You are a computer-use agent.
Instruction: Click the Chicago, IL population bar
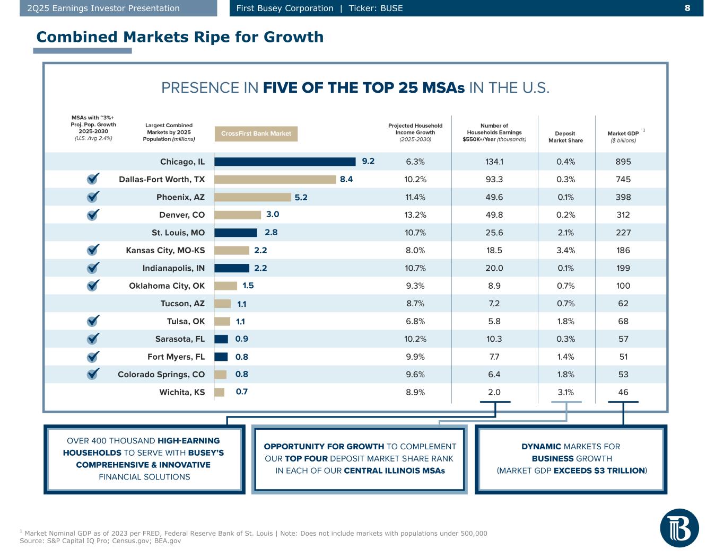point(285,162)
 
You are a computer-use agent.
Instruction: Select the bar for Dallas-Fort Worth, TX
point(275,179)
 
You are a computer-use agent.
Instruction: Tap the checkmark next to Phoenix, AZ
point(93,197)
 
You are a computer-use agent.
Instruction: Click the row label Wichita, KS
point(182,392)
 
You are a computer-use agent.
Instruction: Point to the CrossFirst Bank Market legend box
point(256,134)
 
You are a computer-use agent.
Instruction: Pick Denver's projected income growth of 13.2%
point(415,215)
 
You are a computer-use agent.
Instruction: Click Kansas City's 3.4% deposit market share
point(566,250)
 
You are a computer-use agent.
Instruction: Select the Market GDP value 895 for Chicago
point(623,162)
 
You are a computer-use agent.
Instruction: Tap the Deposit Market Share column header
point(565,137)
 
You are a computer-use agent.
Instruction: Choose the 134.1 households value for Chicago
point(494,162)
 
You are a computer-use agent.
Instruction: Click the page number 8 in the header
point(687,8)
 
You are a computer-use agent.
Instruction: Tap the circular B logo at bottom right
point(679,528)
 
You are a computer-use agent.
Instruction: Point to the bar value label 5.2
point(301,197)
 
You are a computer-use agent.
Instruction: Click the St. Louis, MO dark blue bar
point(235,233)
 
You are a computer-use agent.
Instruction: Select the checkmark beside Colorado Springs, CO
point(93,374)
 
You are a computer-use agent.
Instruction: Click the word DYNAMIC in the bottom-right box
point(541,447)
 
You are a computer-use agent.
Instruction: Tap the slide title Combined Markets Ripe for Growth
point(180,37)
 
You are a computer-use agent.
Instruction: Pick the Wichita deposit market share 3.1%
point(566,392)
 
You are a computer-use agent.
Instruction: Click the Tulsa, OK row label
point(186,321)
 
